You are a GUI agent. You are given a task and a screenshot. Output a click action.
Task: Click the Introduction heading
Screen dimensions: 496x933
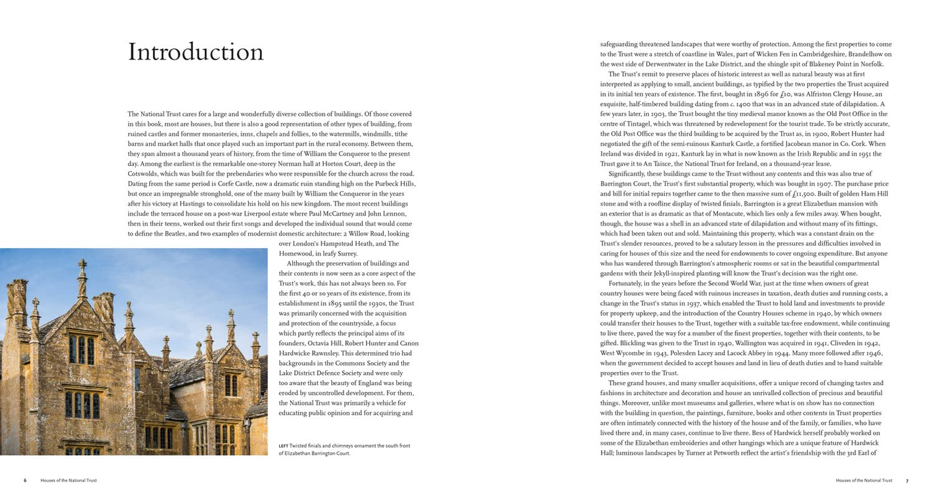(x=196, y=52)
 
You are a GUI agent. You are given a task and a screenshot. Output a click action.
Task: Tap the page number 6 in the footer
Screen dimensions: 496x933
(x=25, y=480)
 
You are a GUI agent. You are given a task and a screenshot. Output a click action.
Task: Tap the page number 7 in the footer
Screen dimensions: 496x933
(x=907, y=480)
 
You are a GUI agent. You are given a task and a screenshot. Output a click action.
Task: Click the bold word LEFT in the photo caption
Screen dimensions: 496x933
(x=285, y=446)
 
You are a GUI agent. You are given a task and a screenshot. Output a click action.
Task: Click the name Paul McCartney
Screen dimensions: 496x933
(x=343, y=214)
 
